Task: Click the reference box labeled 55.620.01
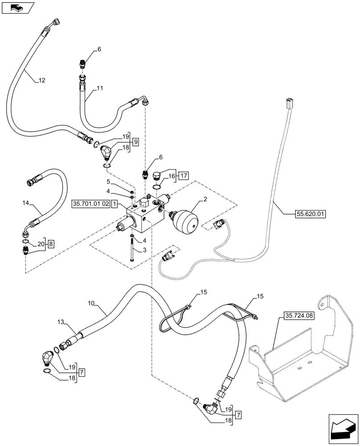coord(311,214)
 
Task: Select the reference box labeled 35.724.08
coord(298,316)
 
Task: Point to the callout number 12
coord(41,80)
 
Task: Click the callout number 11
coord(99,88)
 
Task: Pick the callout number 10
coord(91,303)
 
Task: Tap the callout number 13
coord(61,321)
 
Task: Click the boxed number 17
coord(184,176)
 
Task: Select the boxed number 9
coord(135,141)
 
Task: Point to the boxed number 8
coord(51,244)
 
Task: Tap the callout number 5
coord(108,182)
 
